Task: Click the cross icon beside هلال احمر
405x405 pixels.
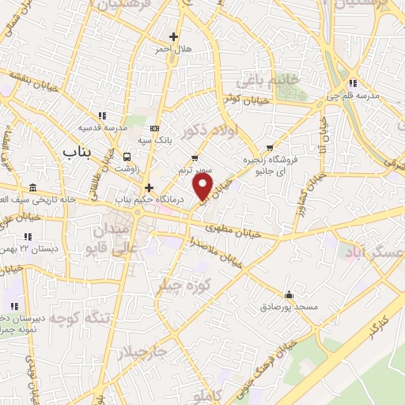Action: point(173,36)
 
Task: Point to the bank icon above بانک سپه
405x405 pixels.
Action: point(153,129)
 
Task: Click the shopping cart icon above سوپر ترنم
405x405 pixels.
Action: point(195,158)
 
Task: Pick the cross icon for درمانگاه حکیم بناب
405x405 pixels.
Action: point(150,187)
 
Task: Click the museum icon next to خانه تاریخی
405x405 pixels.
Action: point(32,187)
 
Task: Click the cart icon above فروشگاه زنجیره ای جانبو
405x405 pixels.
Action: point(271,147)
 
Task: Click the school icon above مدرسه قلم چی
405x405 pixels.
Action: point(354,82)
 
